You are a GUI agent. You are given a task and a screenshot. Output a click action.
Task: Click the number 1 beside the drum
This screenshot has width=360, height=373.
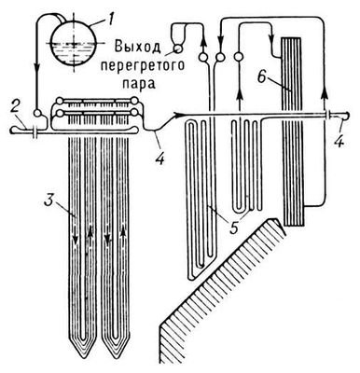pos(111,16)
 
